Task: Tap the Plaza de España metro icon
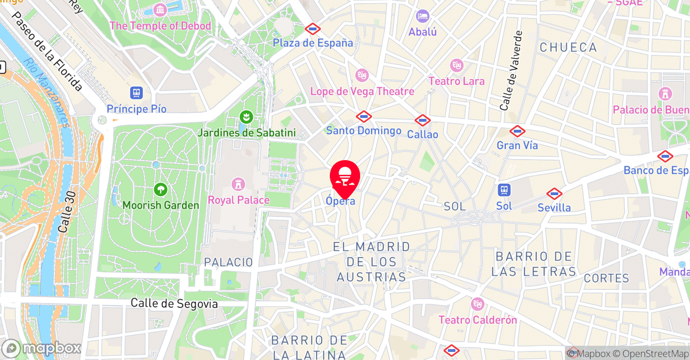(x=313, y=29)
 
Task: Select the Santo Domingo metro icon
(x=364, y=116)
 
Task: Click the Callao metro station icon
(x=423, y=120)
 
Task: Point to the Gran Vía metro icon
(x=517, y=131)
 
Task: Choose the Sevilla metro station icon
(x=554, y=194)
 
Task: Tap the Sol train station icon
(x=504, y=190)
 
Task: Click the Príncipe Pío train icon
(x=136, y=93)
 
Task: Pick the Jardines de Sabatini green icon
(x=246, y=117)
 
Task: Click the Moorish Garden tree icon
(x=160, y=190)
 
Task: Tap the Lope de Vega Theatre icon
(x=362, y=75)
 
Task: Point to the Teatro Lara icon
(x=457, y=66)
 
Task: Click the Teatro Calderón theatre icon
(x=478, y=304)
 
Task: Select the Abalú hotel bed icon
(x=423, y=16)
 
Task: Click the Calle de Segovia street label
(x=174, y=304)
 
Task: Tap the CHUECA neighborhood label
(x=568, y=47)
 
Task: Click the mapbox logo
(x=42, y=348)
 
